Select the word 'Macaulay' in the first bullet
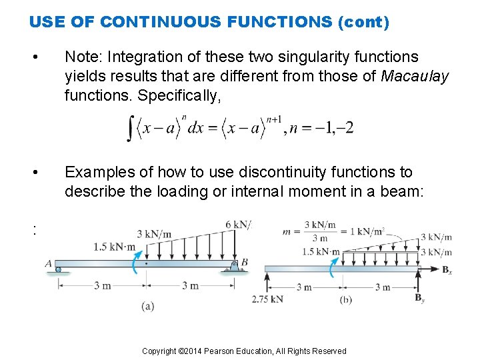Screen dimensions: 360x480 point(415,77)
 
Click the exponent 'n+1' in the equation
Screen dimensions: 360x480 point(274,120)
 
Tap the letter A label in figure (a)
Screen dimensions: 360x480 point(49,263)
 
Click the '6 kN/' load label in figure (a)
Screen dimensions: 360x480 point(238,225)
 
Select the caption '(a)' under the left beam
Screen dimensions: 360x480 point(148,306)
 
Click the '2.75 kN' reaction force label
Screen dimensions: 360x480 point(267,299)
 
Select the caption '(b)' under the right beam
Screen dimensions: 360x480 point(346,300)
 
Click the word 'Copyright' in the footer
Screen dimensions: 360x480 point(159,351)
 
